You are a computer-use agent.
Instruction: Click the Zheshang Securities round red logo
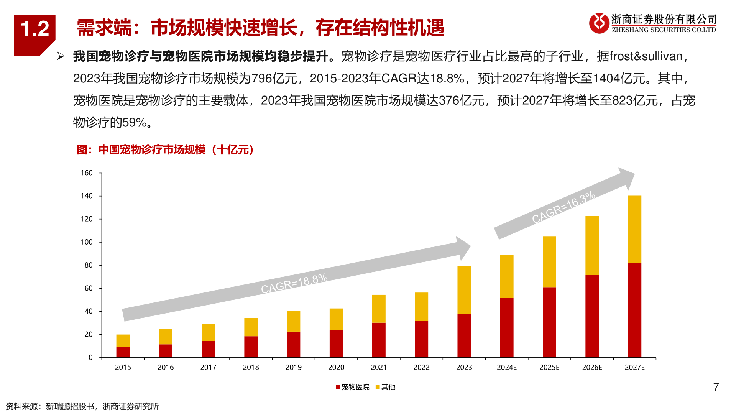click(599, 23)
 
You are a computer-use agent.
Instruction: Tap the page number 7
click(716, 387)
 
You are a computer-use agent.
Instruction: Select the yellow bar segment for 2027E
click(634, 229)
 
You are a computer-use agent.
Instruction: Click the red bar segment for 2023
click(464, 336)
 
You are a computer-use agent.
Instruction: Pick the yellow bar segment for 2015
click(123, 340)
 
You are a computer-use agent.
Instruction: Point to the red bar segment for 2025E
click(549, 322)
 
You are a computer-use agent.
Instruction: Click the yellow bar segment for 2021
click(379, 309)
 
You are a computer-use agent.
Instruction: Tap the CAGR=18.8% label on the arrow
click(294, 283)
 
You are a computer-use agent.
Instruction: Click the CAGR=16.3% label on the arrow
click(563, 207)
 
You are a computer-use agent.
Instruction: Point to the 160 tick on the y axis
click(87, 173)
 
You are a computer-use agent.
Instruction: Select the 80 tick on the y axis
click(89, 265)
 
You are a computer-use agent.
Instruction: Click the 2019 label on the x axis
click(294, 367)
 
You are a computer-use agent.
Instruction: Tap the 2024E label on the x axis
click(507, 367)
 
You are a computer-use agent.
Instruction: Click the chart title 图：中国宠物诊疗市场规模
click(165, 149)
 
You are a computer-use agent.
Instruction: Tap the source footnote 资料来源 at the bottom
click(82, 406)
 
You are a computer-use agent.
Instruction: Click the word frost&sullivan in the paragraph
click(646, 56)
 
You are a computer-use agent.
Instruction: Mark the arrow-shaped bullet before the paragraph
click(61, 56)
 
